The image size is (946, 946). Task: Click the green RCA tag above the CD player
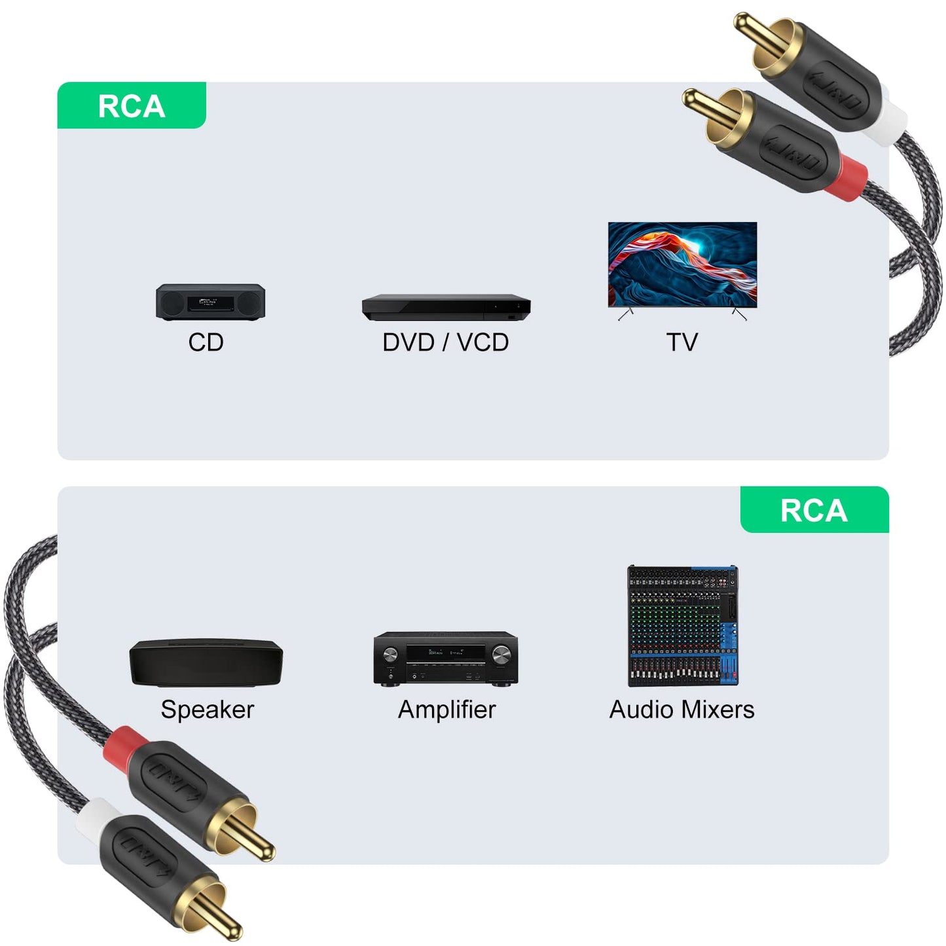pyautogui.click(x=132, y=105)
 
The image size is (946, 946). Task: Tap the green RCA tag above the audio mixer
pyautogui.click(x=814, y=510)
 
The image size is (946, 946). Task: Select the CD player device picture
pyautogui.click(x=210, y=302)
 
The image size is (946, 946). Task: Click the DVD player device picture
pyautogui.click(x=446, y=308)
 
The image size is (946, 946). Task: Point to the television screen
pyautogui.click(x=682, y=264)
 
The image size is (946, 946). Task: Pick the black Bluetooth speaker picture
pyautogui.click(x=206, y=663)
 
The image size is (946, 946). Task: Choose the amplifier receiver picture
pyautogui.click(x=446, y=659)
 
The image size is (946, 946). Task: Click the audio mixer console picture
pyautogui.click(x=683, y=626)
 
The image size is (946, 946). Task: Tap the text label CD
pyautogui.click(x=206, y=342)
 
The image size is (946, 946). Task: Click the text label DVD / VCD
pyautogui.click(x=445, y=342)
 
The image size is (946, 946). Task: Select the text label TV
pyautogui.click(x=682, y=342)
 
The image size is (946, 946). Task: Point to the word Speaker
pyautogui.click(x=207, y=710)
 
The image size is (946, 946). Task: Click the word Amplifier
pyautogui.click(x=446, y=710)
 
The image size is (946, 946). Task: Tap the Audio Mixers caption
pyautogui.click(x=682, y=710)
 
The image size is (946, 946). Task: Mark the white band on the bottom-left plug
pyautogui.click(x=92, y=816)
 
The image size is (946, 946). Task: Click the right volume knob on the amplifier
pyautogui.click(x=501, y=654)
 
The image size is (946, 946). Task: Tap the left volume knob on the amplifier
pyautogui.click(x=390, y=655)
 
